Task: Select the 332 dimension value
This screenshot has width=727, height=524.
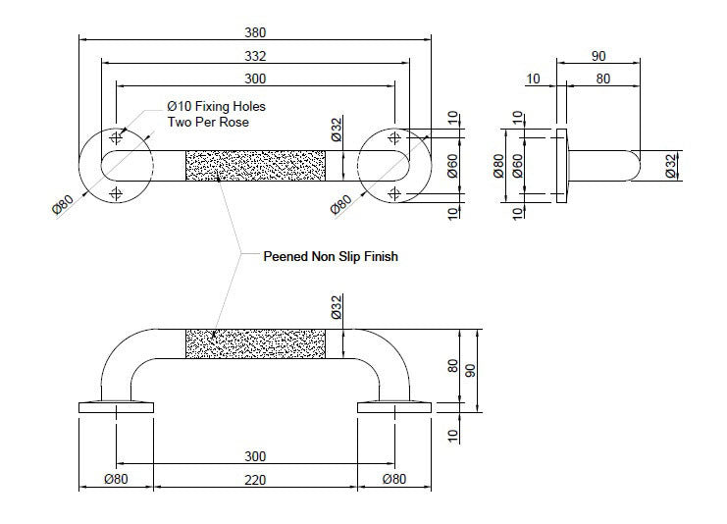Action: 255,57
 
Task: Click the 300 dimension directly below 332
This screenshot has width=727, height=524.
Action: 255,79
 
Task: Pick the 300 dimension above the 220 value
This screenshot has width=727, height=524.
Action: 255,457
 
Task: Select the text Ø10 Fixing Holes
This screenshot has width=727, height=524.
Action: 215,106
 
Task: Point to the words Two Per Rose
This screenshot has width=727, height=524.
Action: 207,122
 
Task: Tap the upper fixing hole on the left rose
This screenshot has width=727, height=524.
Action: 117,135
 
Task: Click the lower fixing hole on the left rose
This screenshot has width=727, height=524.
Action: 117,192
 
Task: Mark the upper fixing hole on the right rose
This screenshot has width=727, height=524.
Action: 394,135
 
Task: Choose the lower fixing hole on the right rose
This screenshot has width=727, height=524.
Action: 394,192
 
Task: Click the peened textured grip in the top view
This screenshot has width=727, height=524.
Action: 255,164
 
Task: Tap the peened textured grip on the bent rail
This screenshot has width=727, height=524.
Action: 255,344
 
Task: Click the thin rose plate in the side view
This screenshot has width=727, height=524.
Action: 562,164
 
